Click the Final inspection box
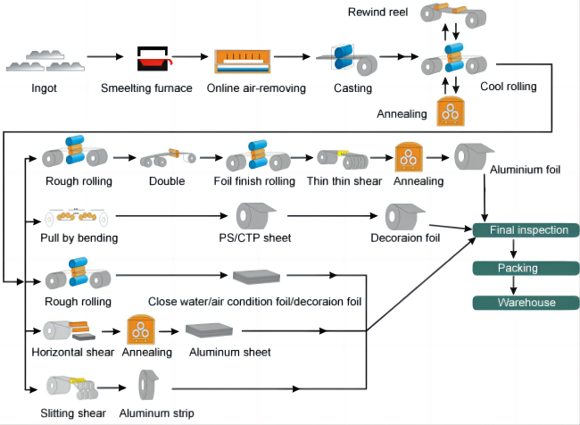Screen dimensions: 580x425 [x=526, y=229]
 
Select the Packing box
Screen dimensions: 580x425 [x=526, y=268]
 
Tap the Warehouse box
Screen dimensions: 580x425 [x=526, y=303]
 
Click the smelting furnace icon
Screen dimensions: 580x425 [x=153, y=59]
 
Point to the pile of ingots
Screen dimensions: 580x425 [x=46, y=61]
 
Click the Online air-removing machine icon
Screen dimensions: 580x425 [x=243, y=62]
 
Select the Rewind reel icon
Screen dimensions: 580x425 [x=453, y=15]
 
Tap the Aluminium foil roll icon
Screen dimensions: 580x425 [x=474, y=156]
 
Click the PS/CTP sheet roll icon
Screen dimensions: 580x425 [x=255, y=216]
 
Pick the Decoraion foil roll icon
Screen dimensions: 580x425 [x=405, y=217]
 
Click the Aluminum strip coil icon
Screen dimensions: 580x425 [x=148, y=385]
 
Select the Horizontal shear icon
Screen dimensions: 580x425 [x=70, y=330]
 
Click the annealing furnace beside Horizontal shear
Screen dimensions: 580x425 [x=141, y=329]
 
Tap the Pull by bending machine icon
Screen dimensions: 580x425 [x=76, y=217]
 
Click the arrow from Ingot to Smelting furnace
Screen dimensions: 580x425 [x=105, y=56]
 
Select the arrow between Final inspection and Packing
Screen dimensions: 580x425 [x=513, y=249]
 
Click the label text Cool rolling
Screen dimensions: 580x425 [x=509, y=87]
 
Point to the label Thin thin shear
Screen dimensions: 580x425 [x=344, y=181]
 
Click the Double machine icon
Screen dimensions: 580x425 [x=168, y=158]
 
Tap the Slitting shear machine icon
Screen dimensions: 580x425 [x=72, y=387]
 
